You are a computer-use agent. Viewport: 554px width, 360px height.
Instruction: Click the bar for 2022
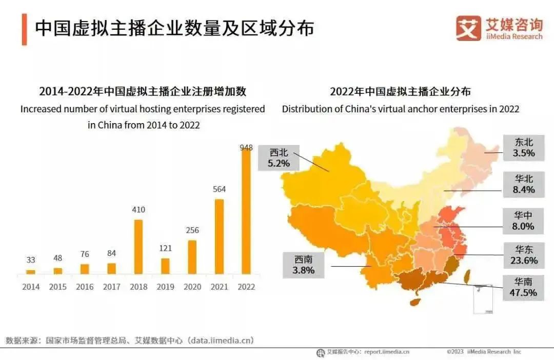[246, 211]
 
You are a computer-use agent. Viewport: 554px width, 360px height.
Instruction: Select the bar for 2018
[138, 247]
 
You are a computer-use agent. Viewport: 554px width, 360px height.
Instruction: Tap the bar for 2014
[31, 272]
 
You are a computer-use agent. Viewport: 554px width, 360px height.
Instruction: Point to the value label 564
[219, 189]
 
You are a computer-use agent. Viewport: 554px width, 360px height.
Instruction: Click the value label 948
[246, 148]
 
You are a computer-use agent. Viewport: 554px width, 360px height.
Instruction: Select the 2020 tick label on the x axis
[192, 287]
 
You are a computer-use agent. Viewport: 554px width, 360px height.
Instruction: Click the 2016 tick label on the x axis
[85, 287]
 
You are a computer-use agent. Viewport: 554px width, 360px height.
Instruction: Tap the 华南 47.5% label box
[523, 288]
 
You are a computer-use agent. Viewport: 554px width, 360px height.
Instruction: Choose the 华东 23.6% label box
[523, 255]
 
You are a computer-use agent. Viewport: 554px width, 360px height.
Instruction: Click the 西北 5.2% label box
[279, 158]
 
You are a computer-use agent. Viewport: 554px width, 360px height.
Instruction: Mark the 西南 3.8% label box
[304, 265]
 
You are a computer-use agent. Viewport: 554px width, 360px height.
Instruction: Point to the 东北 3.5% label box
[523, 147]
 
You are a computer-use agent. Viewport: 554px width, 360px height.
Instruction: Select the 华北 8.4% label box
[523, 184]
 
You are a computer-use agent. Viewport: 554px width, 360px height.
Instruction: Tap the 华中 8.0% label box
[523, 221]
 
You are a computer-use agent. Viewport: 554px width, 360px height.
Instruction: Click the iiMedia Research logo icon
[468, 28]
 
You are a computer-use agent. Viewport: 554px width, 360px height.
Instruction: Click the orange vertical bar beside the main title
[24, 29]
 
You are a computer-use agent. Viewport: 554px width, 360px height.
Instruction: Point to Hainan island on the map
[415, 302]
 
